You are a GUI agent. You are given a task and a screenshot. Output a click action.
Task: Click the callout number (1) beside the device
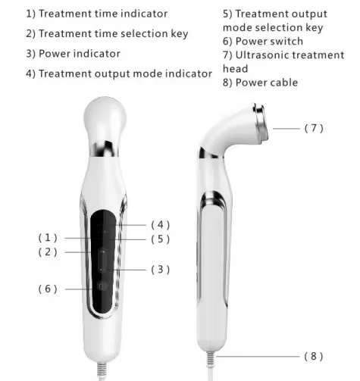(48, 238)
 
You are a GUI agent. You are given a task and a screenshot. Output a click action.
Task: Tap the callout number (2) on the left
(48, 252)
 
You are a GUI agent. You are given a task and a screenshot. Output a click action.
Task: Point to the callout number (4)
(160, 224)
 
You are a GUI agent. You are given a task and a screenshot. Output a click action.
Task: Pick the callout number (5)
(160, 239)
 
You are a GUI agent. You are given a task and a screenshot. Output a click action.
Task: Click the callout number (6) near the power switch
(48, 289)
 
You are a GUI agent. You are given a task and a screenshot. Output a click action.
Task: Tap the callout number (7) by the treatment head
(314, 128)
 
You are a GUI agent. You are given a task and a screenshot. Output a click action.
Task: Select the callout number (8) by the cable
(314, 355)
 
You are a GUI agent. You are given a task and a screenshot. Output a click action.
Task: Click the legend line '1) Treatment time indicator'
(97, 14)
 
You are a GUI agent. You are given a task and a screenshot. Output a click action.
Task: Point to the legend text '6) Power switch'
(263, 41)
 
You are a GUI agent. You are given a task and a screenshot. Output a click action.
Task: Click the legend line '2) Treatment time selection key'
(107, 33)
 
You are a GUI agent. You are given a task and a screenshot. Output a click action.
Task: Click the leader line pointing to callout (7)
(286, 129)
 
